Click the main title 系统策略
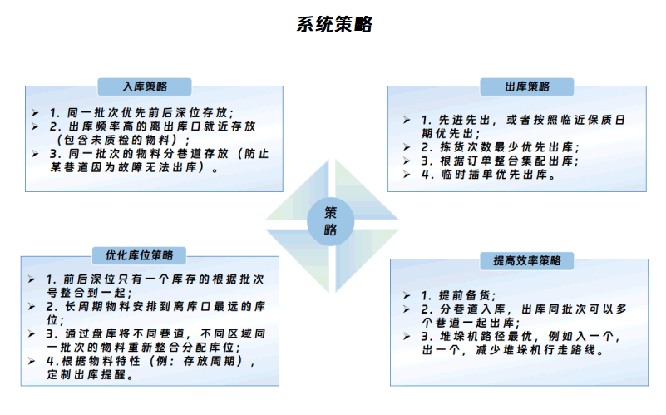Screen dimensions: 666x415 coord(334,24)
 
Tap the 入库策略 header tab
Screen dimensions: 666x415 coord(145,86)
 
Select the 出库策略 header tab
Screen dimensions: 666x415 coord(526,86)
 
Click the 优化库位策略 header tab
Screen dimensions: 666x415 coord(139,255)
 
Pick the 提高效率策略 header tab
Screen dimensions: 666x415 coord(526,260)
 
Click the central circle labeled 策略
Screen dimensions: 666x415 coord(330,221)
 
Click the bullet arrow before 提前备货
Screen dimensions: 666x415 coord(407,295)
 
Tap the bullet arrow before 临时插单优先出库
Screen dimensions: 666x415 coord(407,174)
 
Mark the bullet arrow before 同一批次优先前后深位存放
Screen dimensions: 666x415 coord(35,112)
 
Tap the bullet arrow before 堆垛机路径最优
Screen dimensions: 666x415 coord(407,337)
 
